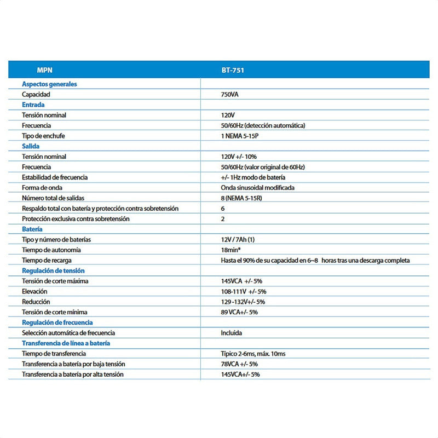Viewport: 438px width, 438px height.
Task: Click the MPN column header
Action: pos(44,70)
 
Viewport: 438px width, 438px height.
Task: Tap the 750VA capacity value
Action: pos(229,95)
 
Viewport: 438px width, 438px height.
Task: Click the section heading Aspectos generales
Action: pos(49,84)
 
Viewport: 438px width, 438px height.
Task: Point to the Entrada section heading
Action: pos(33,105)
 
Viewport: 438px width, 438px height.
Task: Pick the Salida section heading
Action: pos(31,146)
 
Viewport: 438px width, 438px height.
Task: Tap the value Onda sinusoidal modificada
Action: pos(257,188)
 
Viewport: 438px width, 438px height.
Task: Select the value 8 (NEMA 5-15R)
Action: pos(241,198)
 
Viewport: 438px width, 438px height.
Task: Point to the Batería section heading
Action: pos(32,229)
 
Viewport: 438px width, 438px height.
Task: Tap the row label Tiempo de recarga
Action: pos(47,261)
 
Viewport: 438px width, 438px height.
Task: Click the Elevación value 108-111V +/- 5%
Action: pos(244,292)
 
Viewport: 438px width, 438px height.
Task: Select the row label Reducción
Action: pos(36,302)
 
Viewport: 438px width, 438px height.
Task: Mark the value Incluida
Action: pos(231,333)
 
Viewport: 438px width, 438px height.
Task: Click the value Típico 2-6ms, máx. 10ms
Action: pos(253,354)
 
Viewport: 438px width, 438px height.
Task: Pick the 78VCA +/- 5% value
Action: pos(239,364)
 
